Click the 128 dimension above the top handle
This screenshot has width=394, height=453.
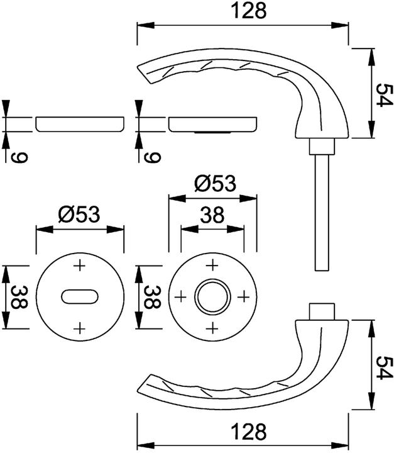point(243,11)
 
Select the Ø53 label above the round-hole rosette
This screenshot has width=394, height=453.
point(214,183)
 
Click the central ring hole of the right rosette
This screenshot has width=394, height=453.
point(212,296)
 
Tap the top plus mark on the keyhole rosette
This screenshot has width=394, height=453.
point(79,266)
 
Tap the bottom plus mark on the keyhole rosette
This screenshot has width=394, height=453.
point(79,327)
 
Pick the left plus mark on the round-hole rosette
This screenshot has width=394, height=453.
point(181,296)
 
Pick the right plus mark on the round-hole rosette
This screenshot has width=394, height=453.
point(243,296)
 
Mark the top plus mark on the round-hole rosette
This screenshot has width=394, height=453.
point(212,265)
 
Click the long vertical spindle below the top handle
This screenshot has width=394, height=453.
point(320,214)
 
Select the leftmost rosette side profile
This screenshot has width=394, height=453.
point(79,124)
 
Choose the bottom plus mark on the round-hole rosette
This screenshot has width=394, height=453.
point(212,327)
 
